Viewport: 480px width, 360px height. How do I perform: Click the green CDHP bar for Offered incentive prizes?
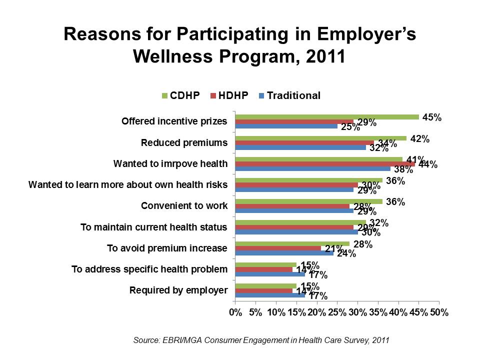(327, 117)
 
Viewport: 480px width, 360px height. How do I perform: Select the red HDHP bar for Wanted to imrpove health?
(325, 163)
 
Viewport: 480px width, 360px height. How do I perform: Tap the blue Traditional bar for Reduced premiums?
(300, 147)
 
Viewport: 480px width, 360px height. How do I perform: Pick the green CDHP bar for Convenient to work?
(308, 201)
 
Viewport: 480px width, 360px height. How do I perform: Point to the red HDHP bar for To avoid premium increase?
(278, 248)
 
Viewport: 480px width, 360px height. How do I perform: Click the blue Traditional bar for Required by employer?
(270, 295)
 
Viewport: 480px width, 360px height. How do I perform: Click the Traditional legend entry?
(289, 95)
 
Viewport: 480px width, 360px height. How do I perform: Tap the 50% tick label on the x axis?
(438, 312)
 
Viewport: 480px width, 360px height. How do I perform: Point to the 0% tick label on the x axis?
(235, 312)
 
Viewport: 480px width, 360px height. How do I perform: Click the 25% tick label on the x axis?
(337, 312)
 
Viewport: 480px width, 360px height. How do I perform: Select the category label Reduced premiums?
(184, 142)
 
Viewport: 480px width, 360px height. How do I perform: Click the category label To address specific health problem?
(149, 269)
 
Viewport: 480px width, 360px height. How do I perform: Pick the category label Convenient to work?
(184, 206)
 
